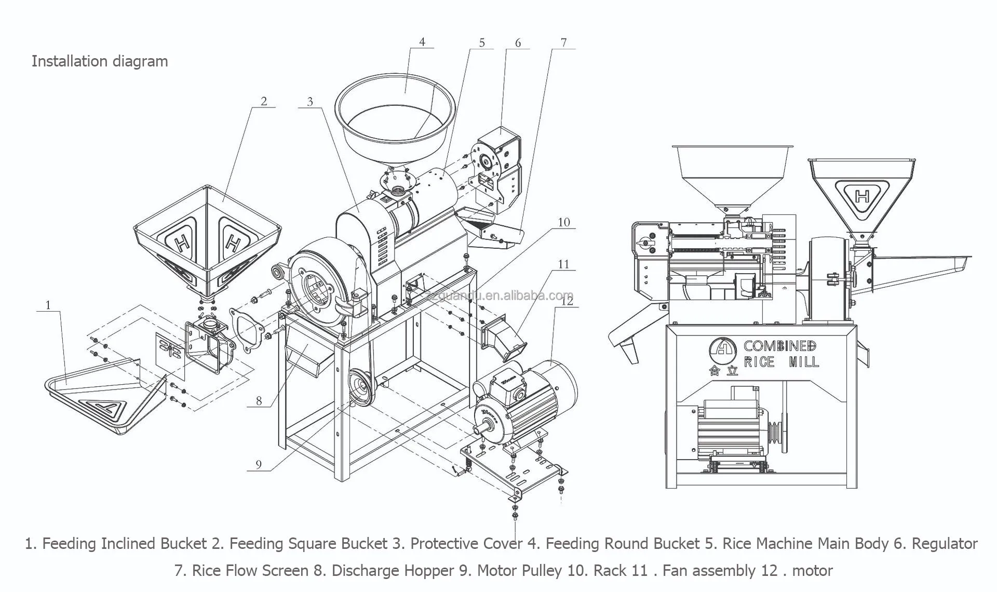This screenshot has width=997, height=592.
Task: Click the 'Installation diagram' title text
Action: coord(100,61)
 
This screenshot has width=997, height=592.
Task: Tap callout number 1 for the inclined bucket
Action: coord(48,305)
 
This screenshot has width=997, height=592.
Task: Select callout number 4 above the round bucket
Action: coord(422,42)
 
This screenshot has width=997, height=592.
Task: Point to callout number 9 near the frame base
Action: coord(259,465)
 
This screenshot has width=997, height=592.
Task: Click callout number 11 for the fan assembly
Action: coord(564,264)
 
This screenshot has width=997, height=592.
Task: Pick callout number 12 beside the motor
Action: coord(567,300)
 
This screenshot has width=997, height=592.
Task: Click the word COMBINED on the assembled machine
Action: coord(779,346)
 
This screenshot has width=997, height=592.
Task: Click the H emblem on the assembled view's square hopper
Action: coord(863,196)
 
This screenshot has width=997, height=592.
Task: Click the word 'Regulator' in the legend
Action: coord(945,544)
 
